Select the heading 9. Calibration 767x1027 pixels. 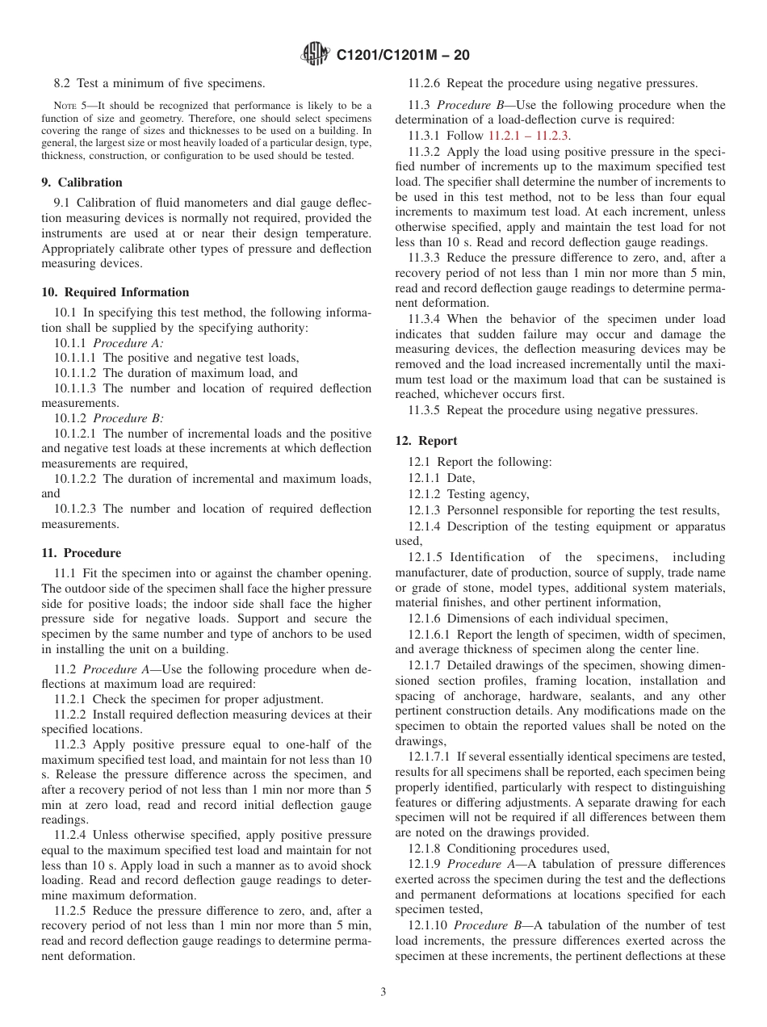click(x=82, y=182)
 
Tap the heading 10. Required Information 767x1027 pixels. click(x=115, y=292)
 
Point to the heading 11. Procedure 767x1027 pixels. click(x=82, y=553)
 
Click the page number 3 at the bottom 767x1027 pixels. click(x=383, y=992)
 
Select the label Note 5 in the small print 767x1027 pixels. click(x=67, y=106)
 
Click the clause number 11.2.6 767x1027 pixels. click(x=425, y=82)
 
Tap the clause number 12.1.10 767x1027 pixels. click(x=428, y=925)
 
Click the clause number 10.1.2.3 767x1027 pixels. click(x=77, y=509)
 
